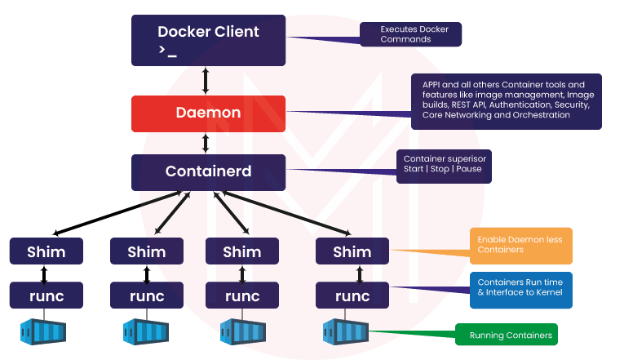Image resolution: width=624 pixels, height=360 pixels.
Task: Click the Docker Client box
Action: pyautogui.click(x=208, y=39)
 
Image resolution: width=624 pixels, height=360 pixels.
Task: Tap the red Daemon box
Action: pyautogui.click(x=208, y=113)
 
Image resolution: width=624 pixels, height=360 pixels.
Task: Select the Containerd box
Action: pyautogui.click(x=208, y=172)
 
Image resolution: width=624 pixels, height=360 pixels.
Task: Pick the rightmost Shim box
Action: pyautogui.click(x=352, y=251)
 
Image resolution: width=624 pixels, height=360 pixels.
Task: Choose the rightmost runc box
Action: pyautogui.click(x=352, y=295)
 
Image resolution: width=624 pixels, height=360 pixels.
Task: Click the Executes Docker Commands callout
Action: pyautogui.click(x=411, y=33)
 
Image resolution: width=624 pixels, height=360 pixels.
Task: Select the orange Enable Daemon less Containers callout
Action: pyautogui.click(x=521, y=246)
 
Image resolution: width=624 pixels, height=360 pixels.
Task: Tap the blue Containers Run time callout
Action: pyautogui.click(x=521, y=287)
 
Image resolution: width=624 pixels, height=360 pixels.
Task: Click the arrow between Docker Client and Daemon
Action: pyautogui.click(x=206, y=80)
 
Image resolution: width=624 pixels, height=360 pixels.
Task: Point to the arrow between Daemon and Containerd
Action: pyautogui.click(x=206, y=143)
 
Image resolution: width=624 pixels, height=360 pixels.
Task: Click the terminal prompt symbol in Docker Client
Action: pyautogui.click(x=168, y=51)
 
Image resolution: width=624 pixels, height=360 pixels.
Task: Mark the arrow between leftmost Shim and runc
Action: pyautogui.click(x=45, y=273)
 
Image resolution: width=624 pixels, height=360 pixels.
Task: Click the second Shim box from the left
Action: pyautogui.click(x=146, y=251)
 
